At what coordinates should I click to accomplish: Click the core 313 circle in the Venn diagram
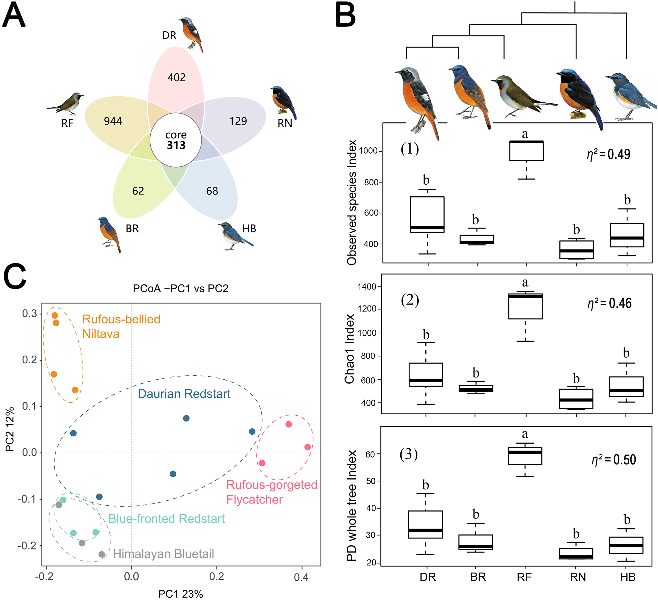(176, 140)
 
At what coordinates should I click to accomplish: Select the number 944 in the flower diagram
(113, 121)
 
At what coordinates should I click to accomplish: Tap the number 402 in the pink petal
(177, 77)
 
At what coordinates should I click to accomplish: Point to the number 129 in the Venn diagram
(238, 121)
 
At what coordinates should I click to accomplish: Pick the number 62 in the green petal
(138, 191)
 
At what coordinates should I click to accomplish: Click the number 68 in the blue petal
(212, 191)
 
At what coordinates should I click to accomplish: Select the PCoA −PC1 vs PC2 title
(181, 288)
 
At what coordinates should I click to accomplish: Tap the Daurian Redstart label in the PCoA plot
(184, 394)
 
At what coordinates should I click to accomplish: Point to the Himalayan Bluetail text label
(164, 554)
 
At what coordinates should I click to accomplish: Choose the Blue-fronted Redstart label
(167, 518)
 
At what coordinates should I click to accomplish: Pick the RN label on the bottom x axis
(578, 577)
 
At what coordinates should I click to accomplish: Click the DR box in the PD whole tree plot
(426, 524)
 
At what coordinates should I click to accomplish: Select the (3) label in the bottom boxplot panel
(409, 454)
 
